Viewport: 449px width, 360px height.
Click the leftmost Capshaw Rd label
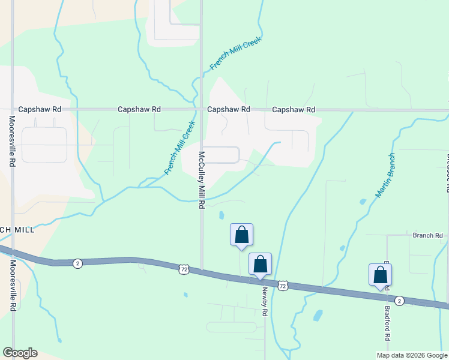(x=40, y=110)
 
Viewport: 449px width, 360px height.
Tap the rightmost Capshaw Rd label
(x=294, y=110)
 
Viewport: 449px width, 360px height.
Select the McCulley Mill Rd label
(x=202, y=179)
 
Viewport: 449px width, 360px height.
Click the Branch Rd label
(x=427, y=236)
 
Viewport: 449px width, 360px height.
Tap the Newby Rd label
(x=264, y=301)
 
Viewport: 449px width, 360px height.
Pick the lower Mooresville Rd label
(x=12, y=285)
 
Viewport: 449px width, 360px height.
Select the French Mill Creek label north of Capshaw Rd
(x=236, y=56)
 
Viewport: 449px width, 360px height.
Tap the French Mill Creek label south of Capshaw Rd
(x=181, y=148)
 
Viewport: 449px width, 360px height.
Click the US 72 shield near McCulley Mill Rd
(x=184, y=269)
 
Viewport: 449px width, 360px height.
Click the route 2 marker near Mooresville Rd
(x=77, y=263)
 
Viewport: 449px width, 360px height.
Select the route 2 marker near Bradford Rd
(x=400, y=301)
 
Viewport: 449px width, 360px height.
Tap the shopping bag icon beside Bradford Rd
(x=380, y=275)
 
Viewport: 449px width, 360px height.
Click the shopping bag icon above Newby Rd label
(x=260, y=264)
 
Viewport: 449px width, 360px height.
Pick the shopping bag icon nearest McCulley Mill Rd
(x=241, y=235)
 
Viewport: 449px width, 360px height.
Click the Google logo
(x=20, y=353)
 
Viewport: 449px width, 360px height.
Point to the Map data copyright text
(x=411, y=355)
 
